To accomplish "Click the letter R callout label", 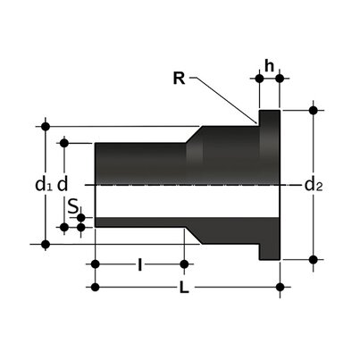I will (179, 77).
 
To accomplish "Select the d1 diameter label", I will (42, 185).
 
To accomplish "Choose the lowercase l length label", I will (139, 264).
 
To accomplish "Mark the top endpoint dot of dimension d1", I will (46, 125).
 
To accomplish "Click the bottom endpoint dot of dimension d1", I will (46, 243).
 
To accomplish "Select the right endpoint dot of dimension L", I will (280, 287).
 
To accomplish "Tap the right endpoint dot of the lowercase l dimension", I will (184, 264).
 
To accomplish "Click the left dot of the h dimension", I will (259, 78).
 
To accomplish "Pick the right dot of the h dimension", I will (280, 78).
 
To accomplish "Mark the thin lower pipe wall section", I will (134, 222).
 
